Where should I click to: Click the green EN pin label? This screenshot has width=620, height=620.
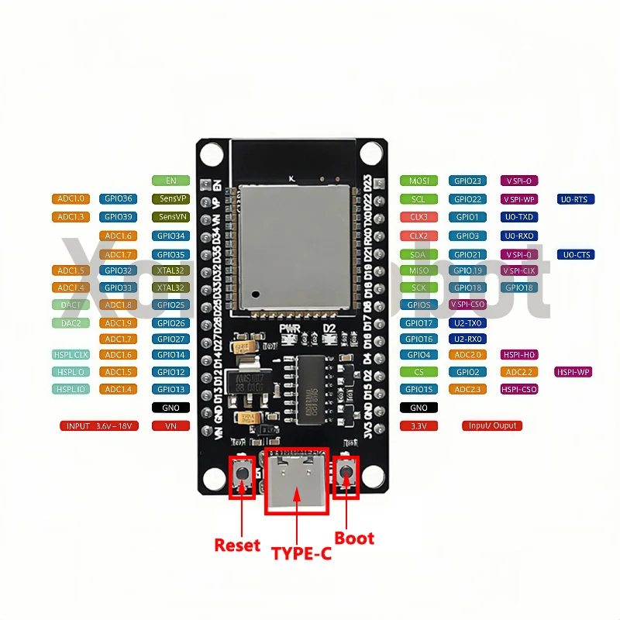170,181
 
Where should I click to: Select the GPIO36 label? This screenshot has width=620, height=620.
119,198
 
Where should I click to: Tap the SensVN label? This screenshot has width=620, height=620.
170,217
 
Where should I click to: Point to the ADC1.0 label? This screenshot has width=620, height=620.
71,198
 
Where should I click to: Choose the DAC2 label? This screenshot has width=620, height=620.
71,323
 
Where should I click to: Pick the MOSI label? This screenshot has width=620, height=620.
418,181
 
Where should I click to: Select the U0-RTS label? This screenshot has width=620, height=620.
575,199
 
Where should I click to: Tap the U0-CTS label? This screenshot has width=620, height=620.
575,254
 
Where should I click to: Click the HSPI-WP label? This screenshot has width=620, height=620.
573,372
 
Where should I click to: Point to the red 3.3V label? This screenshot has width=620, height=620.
418,425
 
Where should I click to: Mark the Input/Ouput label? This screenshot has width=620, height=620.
492,425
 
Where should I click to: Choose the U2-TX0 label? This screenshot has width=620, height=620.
467,323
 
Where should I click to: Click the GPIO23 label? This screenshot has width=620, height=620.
467,181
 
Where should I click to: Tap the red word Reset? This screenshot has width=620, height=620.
237,545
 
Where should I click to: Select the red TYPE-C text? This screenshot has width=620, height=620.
301,553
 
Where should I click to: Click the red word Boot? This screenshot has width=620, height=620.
354,538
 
